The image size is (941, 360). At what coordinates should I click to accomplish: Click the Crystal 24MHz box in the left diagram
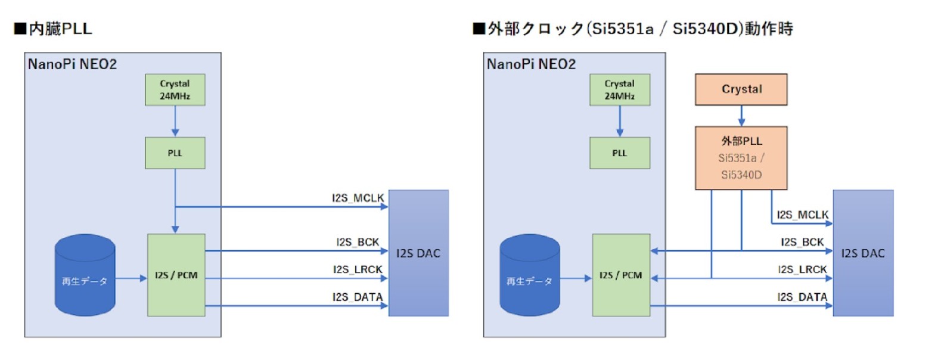tap(175, 90)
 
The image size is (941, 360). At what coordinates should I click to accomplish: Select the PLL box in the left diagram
tap(175, 153)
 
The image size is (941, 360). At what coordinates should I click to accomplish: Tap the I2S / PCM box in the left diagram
tap(176, 275)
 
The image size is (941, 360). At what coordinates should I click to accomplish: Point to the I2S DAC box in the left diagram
tap(418, 253)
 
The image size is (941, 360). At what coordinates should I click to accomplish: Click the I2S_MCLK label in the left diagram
tap(358, 198)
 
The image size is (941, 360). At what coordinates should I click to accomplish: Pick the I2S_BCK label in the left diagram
tap(358, 242)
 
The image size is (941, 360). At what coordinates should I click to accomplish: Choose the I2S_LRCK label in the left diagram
tap(358, 269)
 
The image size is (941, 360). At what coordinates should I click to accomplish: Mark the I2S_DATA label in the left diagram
tap(358, 297)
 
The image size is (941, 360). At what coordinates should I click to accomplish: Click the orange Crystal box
tap(741, 89)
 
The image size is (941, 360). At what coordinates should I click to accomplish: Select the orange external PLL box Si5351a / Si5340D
tap(741, 158)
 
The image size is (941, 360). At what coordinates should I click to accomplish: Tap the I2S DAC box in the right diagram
tap(863, 253)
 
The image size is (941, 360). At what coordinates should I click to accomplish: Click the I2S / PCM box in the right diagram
tap(620, 275)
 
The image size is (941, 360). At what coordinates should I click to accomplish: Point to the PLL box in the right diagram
tap(620, 153)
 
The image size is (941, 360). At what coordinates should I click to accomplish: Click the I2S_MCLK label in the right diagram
tap(802, 215)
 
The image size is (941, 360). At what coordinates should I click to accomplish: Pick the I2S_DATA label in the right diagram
tap(802, 297)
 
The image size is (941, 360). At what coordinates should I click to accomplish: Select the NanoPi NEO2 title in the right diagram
tap(531, 64)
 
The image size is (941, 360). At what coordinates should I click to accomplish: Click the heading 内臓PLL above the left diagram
tap(53, 29)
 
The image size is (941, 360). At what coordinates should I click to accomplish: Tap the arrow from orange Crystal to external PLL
tap(741, 116)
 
